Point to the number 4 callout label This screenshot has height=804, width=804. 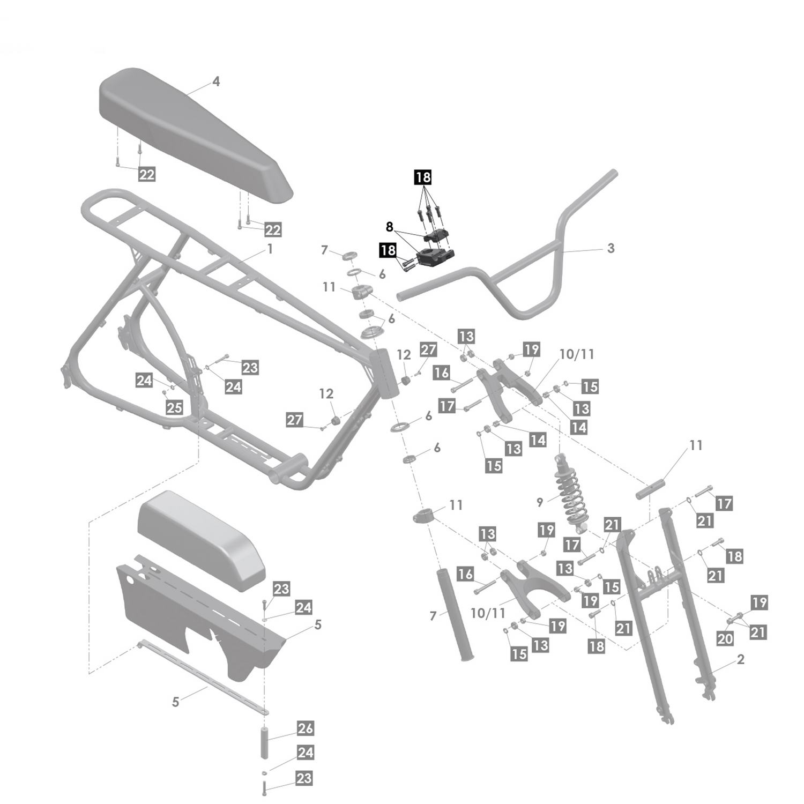216,81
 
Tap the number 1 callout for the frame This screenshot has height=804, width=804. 270,249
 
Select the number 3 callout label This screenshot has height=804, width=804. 611,248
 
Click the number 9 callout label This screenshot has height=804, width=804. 540,502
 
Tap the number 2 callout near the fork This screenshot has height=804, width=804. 741,659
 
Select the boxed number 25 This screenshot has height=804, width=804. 174,407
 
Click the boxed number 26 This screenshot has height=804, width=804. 305,728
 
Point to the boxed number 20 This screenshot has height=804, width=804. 725,638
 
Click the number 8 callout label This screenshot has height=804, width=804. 390,227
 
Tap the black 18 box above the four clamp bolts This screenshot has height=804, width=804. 422,177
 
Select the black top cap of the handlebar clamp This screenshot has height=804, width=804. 437,235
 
